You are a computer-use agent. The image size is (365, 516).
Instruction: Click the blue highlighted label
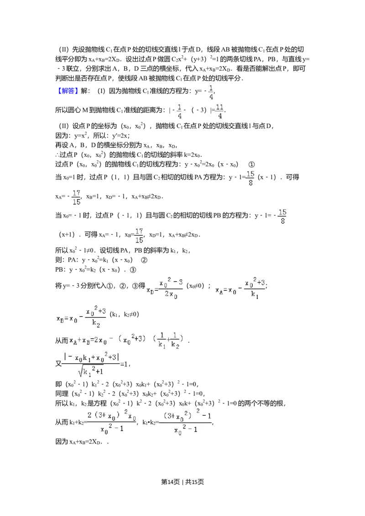(x=68, y=91)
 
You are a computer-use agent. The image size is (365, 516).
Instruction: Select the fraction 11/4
(x=219, y=111)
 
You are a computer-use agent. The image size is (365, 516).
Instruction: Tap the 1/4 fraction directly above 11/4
(x=211, y=93)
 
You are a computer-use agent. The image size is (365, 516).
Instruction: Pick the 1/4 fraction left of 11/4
(x=179, y=111)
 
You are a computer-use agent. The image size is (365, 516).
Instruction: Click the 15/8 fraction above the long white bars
(x=250, y=178)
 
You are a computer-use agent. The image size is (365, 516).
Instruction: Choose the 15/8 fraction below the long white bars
(x=282, y=217)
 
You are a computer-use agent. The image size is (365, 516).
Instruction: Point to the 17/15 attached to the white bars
(x=76, y=197)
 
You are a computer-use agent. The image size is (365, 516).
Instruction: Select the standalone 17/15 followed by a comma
(x=139, y=236)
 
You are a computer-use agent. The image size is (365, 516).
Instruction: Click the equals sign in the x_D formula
(x=156, y=289)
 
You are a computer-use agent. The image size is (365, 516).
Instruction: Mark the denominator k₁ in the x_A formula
(x=255, y=295)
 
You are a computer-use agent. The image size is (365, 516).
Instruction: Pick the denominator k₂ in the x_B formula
(x=95, y=325)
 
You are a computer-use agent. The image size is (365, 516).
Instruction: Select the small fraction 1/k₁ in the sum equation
(x=162, y=341)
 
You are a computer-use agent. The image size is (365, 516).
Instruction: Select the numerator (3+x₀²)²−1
(x=186, y=415)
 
